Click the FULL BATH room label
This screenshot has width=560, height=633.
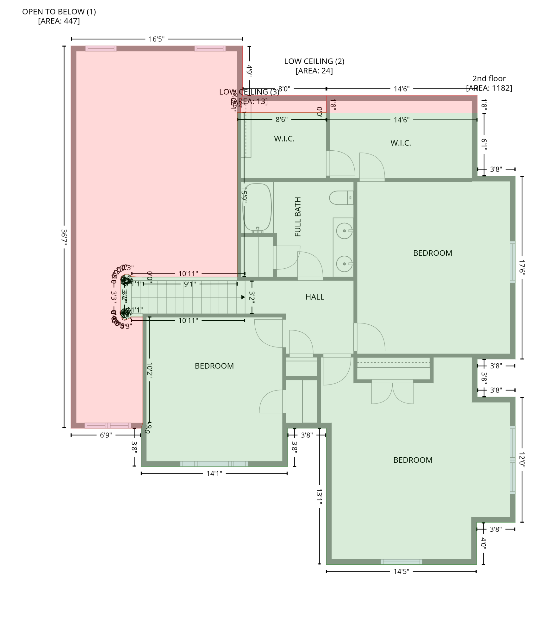[x=297, y=217]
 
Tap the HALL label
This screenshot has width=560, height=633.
[x=314, y=297]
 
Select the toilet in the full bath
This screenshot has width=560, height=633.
[x=341, y=198]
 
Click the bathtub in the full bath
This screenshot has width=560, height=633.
[x=257, y=207]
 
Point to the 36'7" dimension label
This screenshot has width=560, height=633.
[x=64, y=237]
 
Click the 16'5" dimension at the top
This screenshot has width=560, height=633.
[x=157, y=39]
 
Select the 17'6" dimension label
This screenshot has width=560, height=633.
[x=522, y=268]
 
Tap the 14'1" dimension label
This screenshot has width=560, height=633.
[x=214, y=473]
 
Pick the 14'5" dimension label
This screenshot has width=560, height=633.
[x=401, y=571]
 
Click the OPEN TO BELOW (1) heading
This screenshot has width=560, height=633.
[x=59, y=12]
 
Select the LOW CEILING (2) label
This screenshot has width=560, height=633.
[x=314, y=61]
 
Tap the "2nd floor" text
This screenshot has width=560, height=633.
[x=489, y=78]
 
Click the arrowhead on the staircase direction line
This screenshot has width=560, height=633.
[x=243, y=297]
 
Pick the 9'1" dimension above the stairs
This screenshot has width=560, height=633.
[x=190, y=284]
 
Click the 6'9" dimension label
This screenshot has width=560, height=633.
[x=106, y=435]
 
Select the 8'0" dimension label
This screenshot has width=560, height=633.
[x=284, y=89]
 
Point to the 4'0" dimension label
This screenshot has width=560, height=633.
[x=483, y=543]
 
